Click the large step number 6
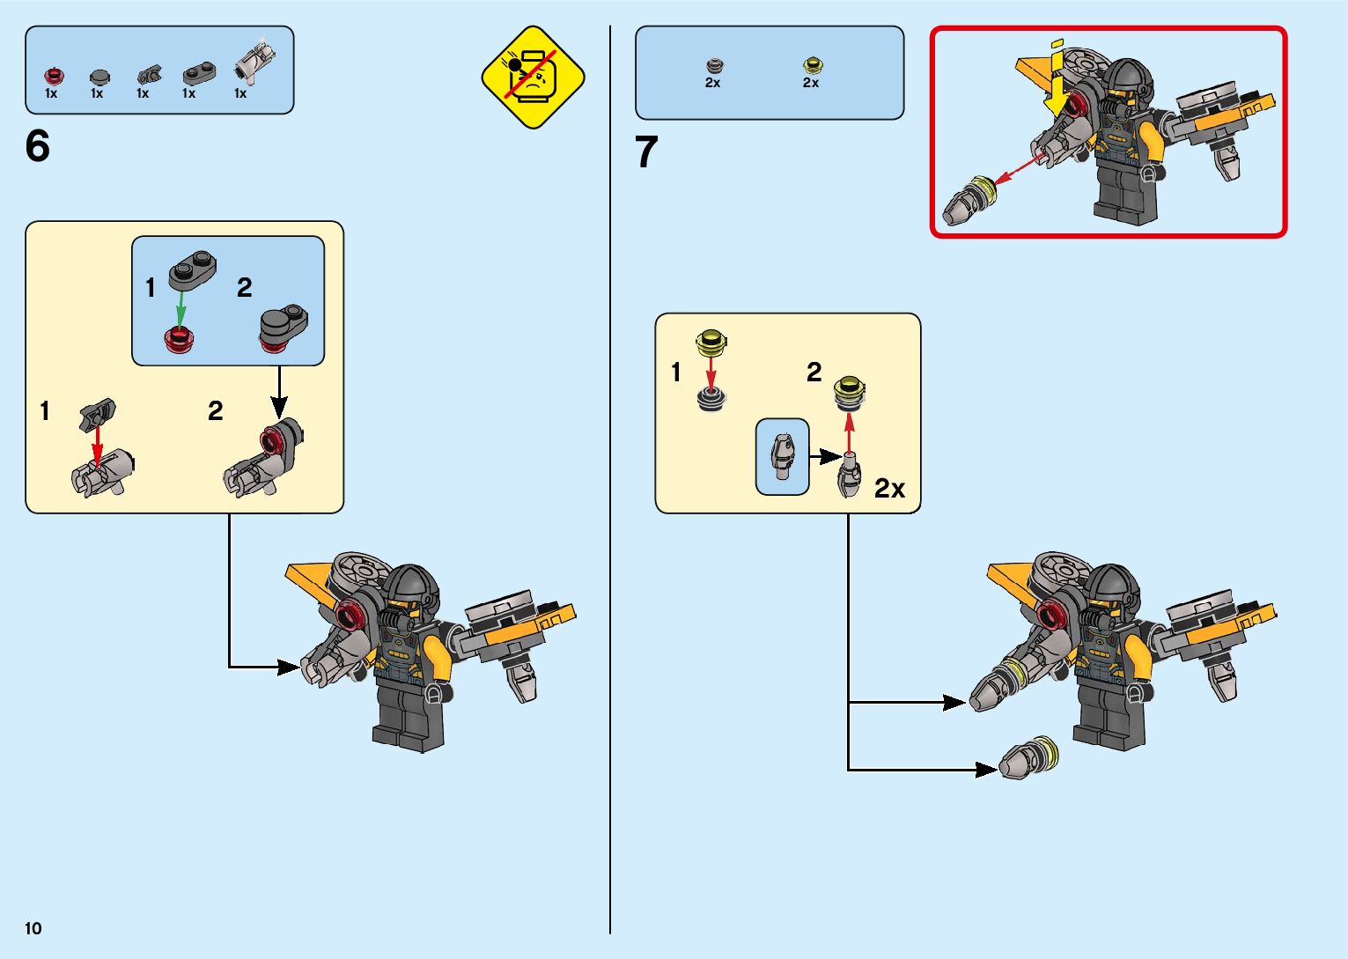(x=38, y=146)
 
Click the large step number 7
(x=646, y=152)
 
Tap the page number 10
(x=33, y=928)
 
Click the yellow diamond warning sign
(x=533, y=77)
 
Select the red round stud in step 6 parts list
(x=51, y=76)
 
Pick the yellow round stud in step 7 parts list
(x=812, y=65)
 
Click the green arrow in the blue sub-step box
(x=180, y=309)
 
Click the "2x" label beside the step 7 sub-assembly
(x=889, y=489)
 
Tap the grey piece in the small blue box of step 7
(x=782, y=456)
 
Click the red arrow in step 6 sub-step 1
(x=97, y=441)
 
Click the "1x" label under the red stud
(x=51, y=93)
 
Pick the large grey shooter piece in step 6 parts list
(x=255, y=62)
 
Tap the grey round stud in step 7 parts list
(x=713, y=66)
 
